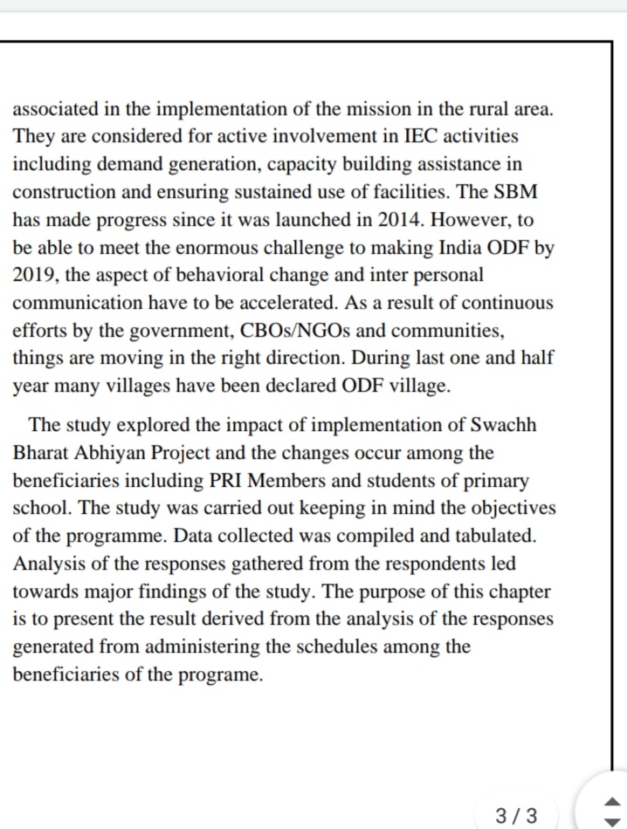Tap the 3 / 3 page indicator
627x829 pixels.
coord(516,817)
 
